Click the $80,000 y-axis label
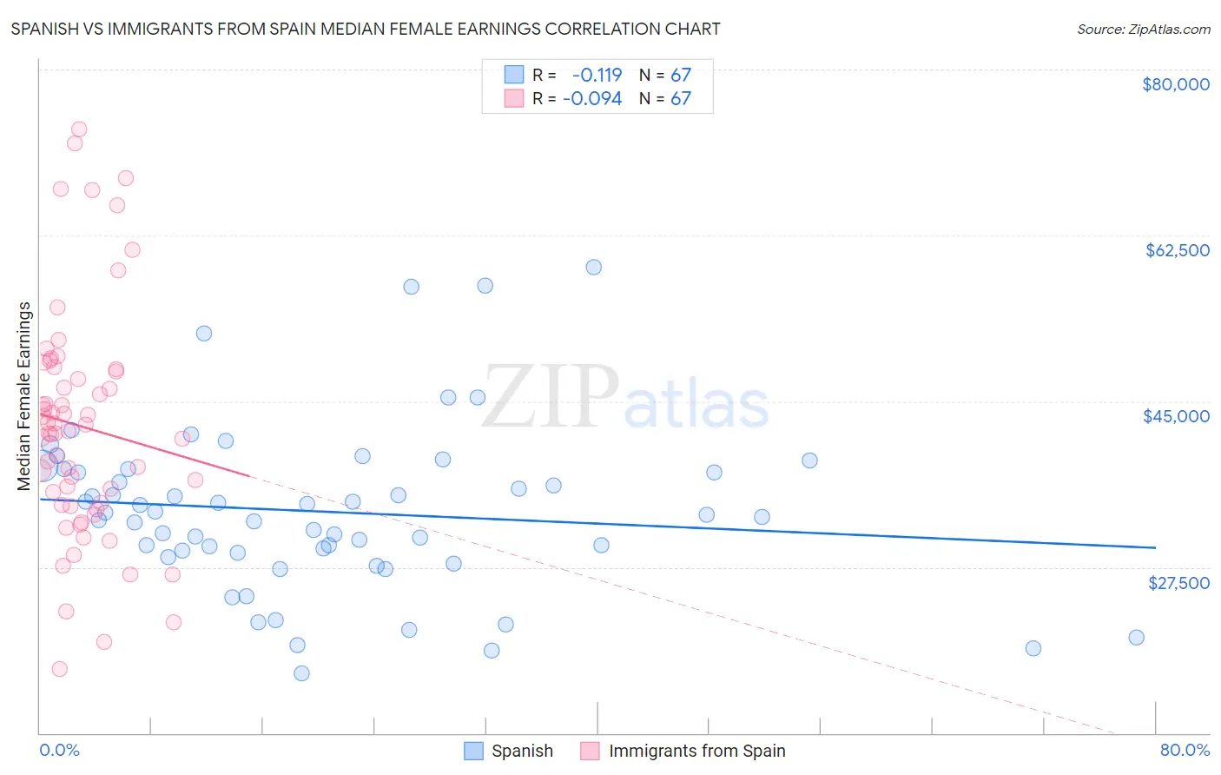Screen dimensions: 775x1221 [x=1176, y=84]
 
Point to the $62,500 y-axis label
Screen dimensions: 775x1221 [x=1177, y=250]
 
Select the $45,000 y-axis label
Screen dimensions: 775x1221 [x=1176, y=416]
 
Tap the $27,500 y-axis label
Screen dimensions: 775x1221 [x=1178, y=582]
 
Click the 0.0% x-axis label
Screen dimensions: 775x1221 [x=59, y=750]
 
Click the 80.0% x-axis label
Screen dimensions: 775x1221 [x=1185, y=750]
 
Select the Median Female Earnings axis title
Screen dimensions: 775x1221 [x=24, y=396]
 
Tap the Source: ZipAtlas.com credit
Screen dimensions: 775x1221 [x=1143, y=29]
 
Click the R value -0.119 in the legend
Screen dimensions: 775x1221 [x=597, y=75]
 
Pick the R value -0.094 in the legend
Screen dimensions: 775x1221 [x=592, y=98]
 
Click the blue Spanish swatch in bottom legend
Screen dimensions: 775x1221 [x=473, y=751]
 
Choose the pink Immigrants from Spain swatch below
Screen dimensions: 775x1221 [x=591, y=751]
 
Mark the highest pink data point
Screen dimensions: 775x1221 [x=79, y=129]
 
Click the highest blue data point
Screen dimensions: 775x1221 [x=594, y=267]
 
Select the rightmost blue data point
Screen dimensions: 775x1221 [x=1136, y=637]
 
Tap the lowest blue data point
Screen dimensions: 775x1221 [x=301, y=673]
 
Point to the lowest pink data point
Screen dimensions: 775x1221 [x=60, y=669]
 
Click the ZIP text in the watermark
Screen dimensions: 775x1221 [x=551, y=396]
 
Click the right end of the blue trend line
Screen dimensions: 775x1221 [x=1155, y=547]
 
